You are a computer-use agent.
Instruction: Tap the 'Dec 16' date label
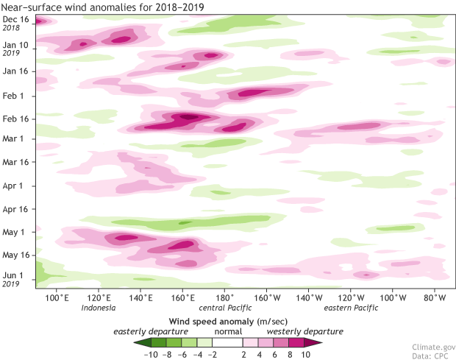click(x=15, y=18)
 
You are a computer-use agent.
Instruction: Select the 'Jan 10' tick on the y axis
click(x=15, y=45)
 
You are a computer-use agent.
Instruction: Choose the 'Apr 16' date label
click(x=15, y=209)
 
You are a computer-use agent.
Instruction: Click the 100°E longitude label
click(x=57, y=297)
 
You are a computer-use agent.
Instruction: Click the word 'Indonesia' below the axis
click(x=99, y=308)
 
